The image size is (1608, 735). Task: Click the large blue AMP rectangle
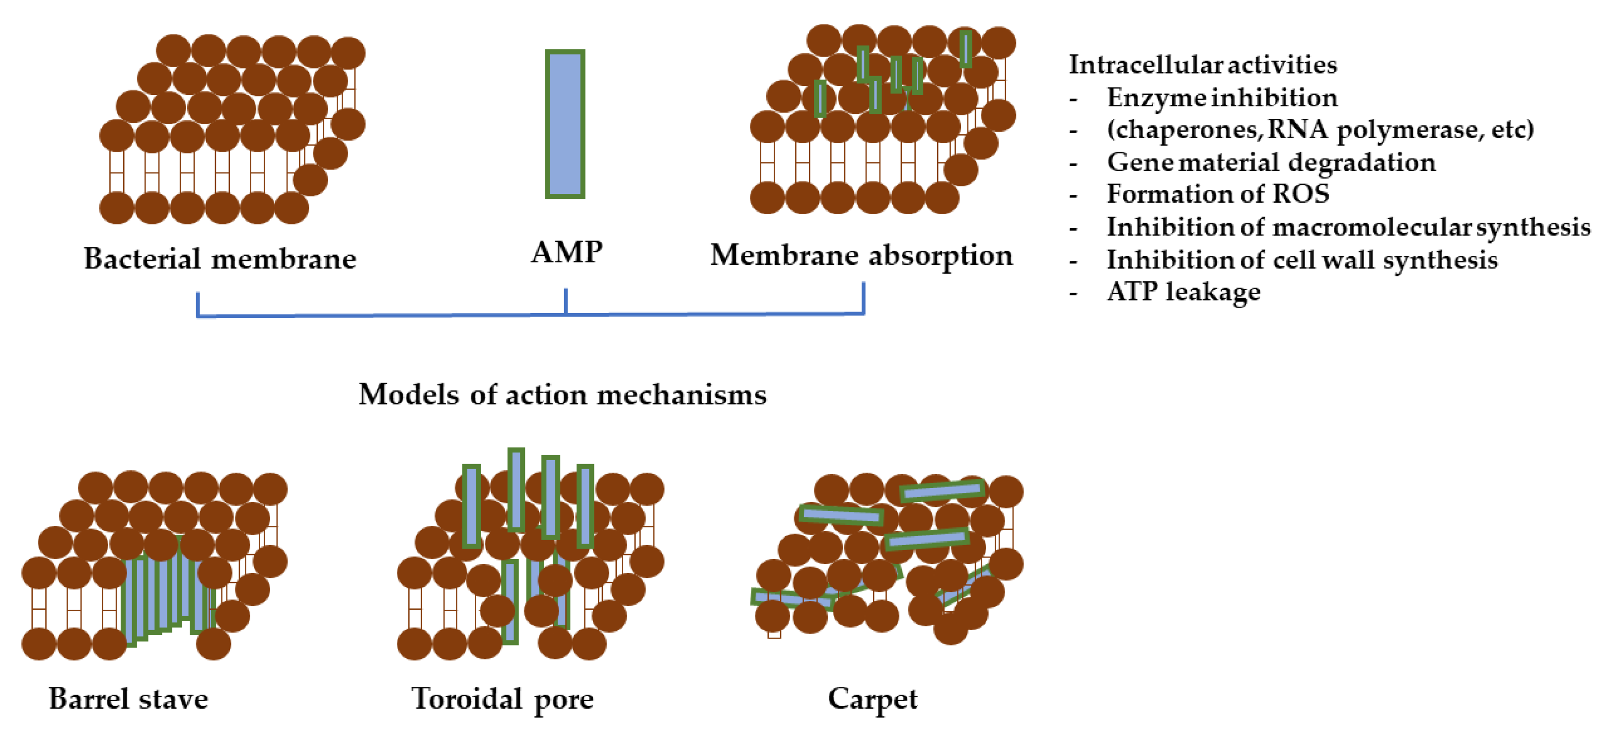point(565,124)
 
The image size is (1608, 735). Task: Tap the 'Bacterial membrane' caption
point(219,259)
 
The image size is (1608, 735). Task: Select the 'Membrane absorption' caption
point(862,255)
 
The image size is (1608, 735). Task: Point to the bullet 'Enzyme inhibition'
point(1222,98)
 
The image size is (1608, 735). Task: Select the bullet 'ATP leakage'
point(1183,292)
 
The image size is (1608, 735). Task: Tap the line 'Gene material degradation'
point(1271,163)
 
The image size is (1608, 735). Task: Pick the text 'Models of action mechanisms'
point(563,395)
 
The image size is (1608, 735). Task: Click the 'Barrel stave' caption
point(129,699)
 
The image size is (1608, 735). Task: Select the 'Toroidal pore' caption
point(503,699)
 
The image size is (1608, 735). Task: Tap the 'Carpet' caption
point(872,699)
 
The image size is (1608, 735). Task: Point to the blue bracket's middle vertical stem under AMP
point(566,301)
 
